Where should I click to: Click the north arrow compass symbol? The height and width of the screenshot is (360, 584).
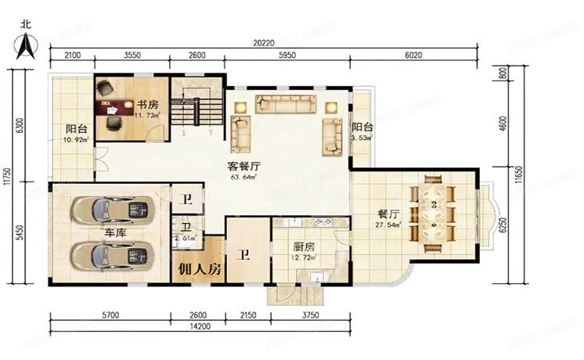click(x=27, y=43)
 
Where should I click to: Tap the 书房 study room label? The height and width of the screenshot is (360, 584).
click(x=149, y=104)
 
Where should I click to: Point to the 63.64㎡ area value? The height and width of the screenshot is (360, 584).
click(x=243, y=177)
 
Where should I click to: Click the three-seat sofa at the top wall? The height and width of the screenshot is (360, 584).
click(x=287, y=103)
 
